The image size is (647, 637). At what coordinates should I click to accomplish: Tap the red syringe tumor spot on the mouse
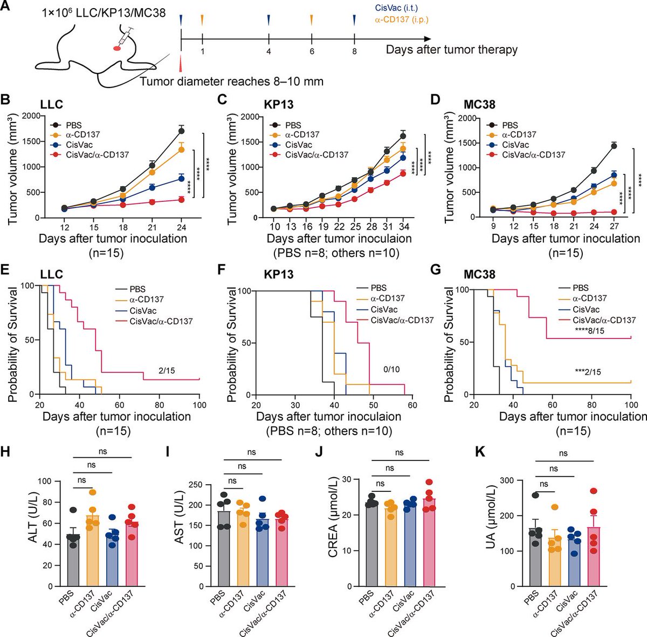116,48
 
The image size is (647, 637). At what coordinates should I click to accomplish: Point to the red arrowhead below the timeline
181,63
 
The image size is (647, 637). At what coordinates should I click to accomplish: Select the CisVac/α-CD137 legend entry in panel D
533,155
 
